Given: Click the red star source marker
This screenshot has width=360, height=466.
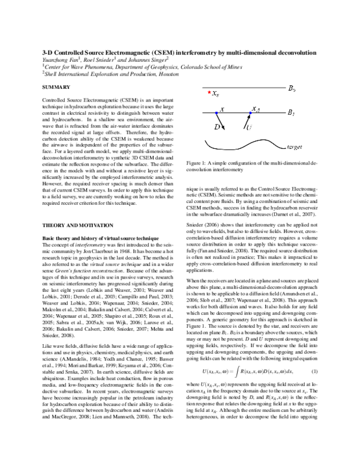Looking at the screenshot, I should (209, 94).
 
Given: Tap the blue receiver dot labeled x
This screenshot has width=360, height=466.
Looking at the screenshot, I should (217, 113).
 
